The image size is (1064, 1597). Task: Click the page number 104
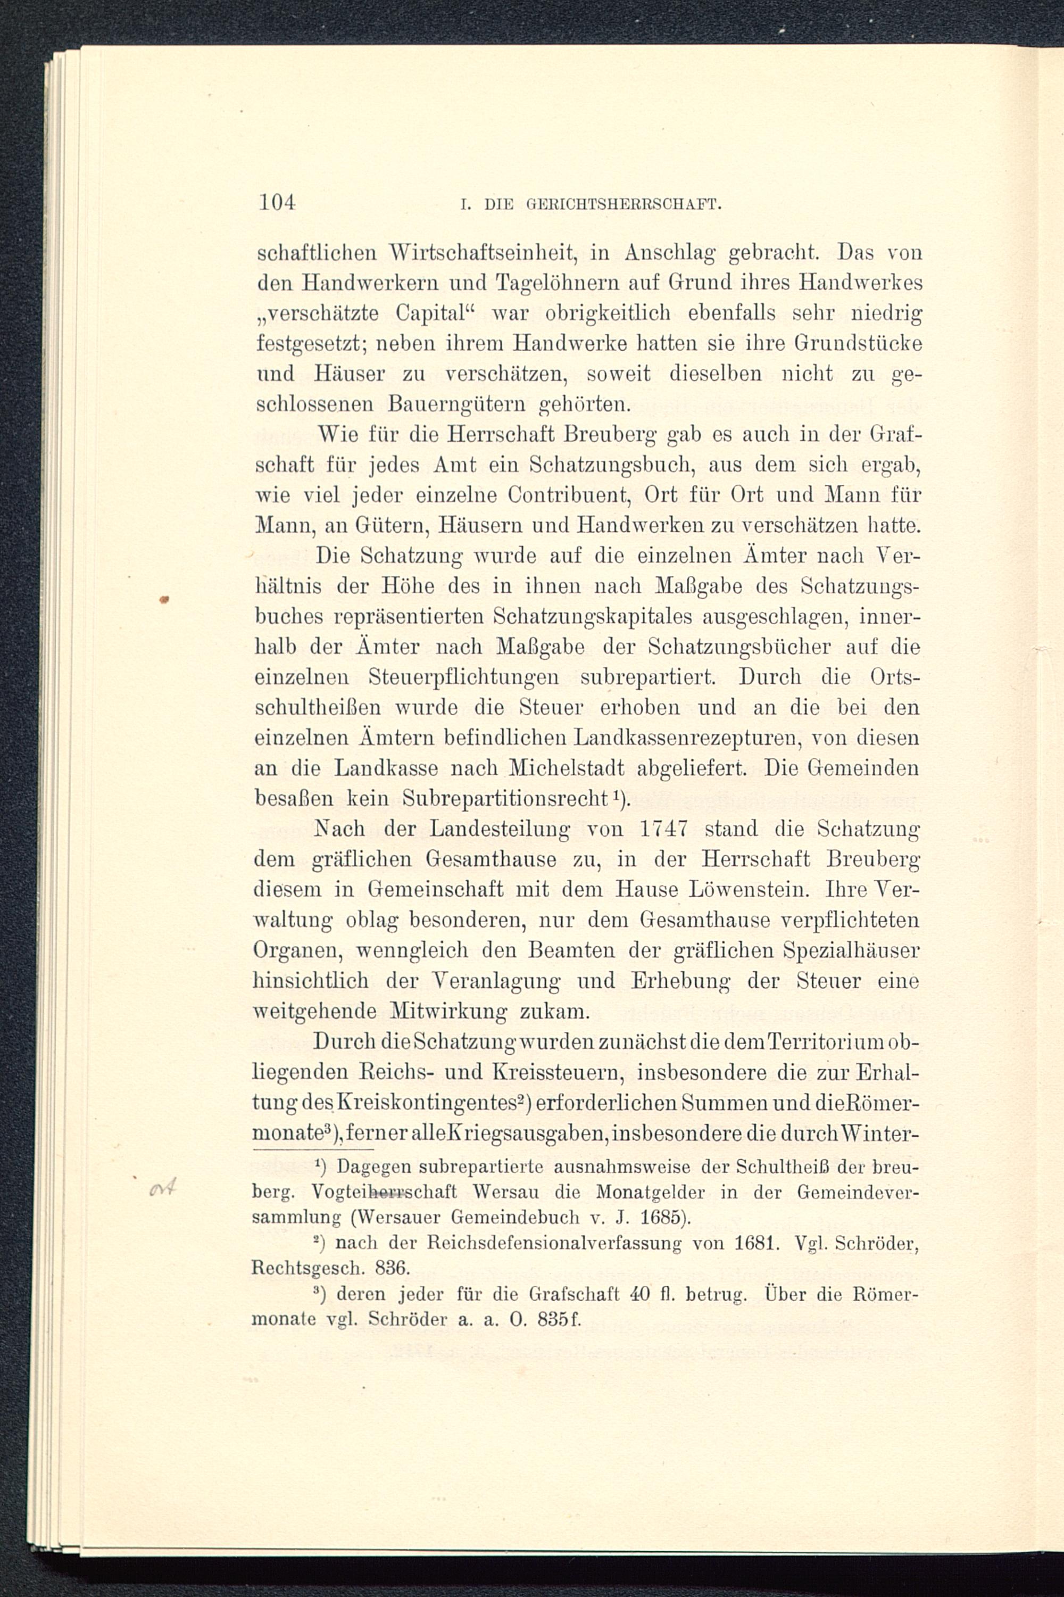[277, 202]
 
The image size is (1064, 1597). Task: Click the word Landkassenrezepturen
[685, 738]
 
